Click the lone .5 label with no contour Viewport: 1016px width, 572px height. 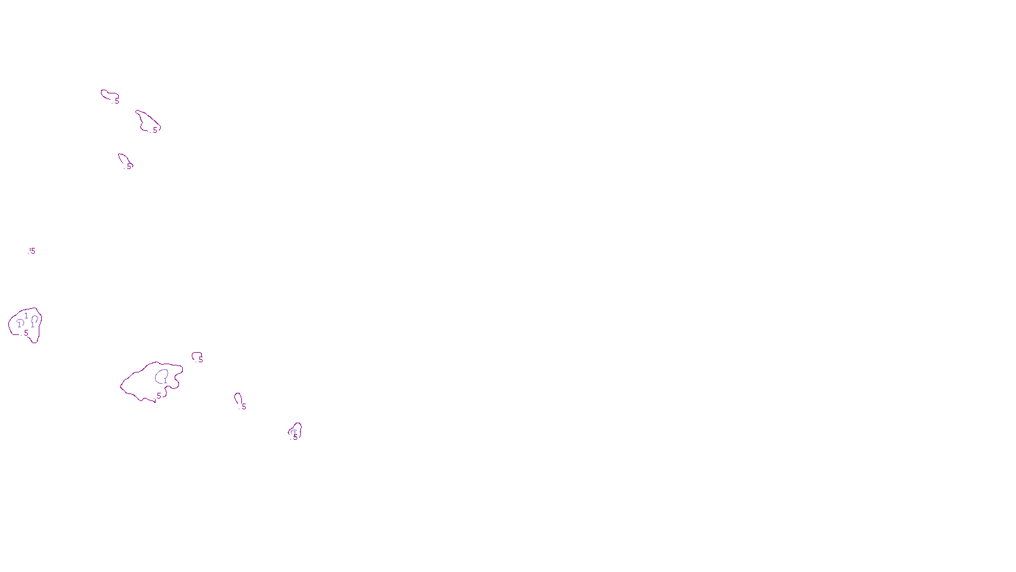click(32, 251)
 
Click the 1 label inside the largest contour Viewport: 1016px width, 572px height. click(165, 381)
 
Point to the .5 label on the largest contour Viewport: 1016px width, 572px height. click(158, 396)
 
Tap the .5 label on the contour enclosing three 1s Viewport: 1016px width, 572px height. click(25, 333)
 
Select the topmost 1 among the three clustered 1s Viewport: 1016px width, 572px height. click(26, 315)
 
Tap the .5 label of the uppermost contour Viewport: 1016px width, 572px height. click(116, 101)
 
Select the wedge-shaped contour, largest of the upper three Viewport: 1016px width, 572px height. click(147, 120)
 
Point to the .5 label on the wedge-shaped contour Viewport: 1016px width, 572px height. click(154, 130)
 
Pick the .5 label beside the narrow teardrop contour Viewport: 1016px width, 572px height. click(243, 407)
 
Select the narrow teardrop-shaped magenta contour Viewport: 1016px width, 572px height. click(237, 398)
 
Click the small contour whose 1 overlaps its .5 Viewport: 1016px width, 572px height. click(295, 432)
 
